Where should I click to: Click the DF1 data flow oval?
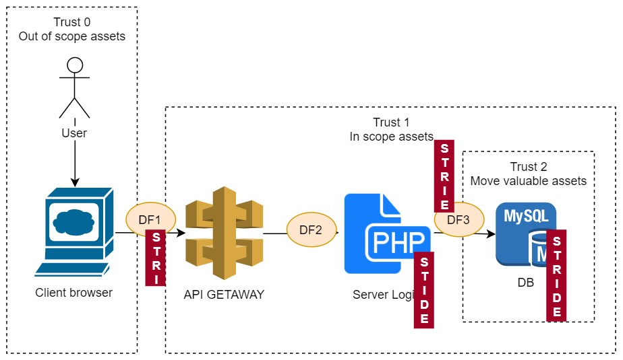tap(150, 219)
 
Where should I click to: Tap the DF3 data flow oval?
tap(458, 219)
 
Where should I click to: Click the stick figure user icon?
tap(74, 87)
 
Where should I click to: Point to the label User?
tap(74, 133)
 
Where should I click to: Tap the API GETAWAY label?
tap(224, 294)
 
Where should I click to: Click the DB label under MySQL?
tap(526, 283)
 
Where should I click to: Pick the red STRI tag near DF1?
tap(156, 258)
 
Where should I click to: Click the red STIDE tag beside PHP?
tap(424, 291)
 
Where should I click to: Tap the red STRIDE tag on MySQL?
tap(556, 276)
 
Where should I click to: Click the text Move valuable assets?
tap(528, 181)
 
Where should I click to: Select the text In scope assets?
tap(391, 137)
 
